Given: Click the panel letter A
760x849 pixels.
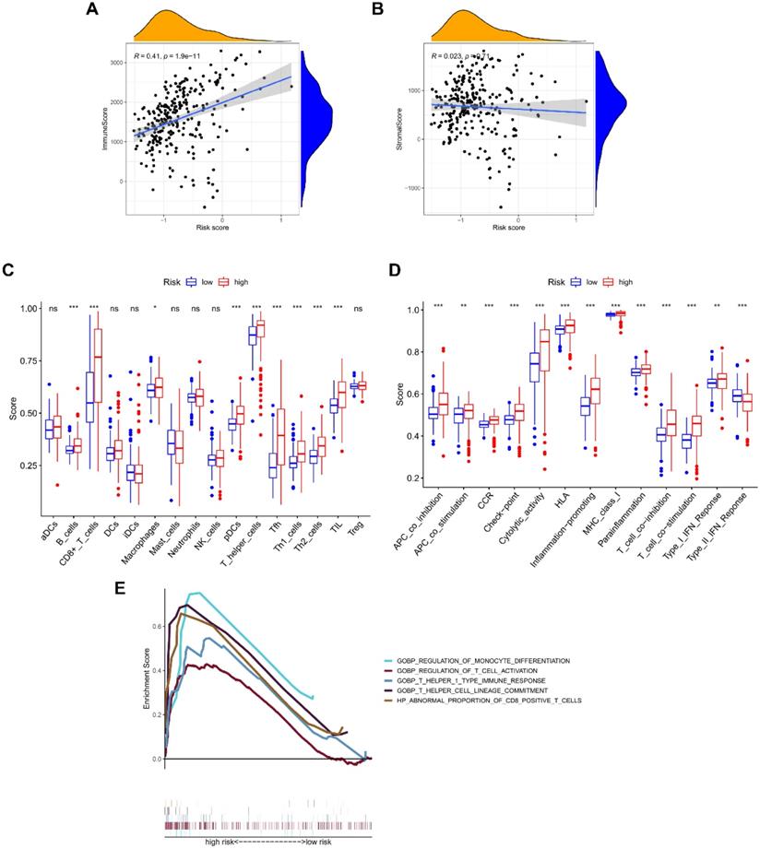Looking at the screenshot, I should [91, 10].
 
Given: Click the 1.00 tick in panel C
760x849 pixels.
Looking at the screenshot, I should [30, 309].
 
